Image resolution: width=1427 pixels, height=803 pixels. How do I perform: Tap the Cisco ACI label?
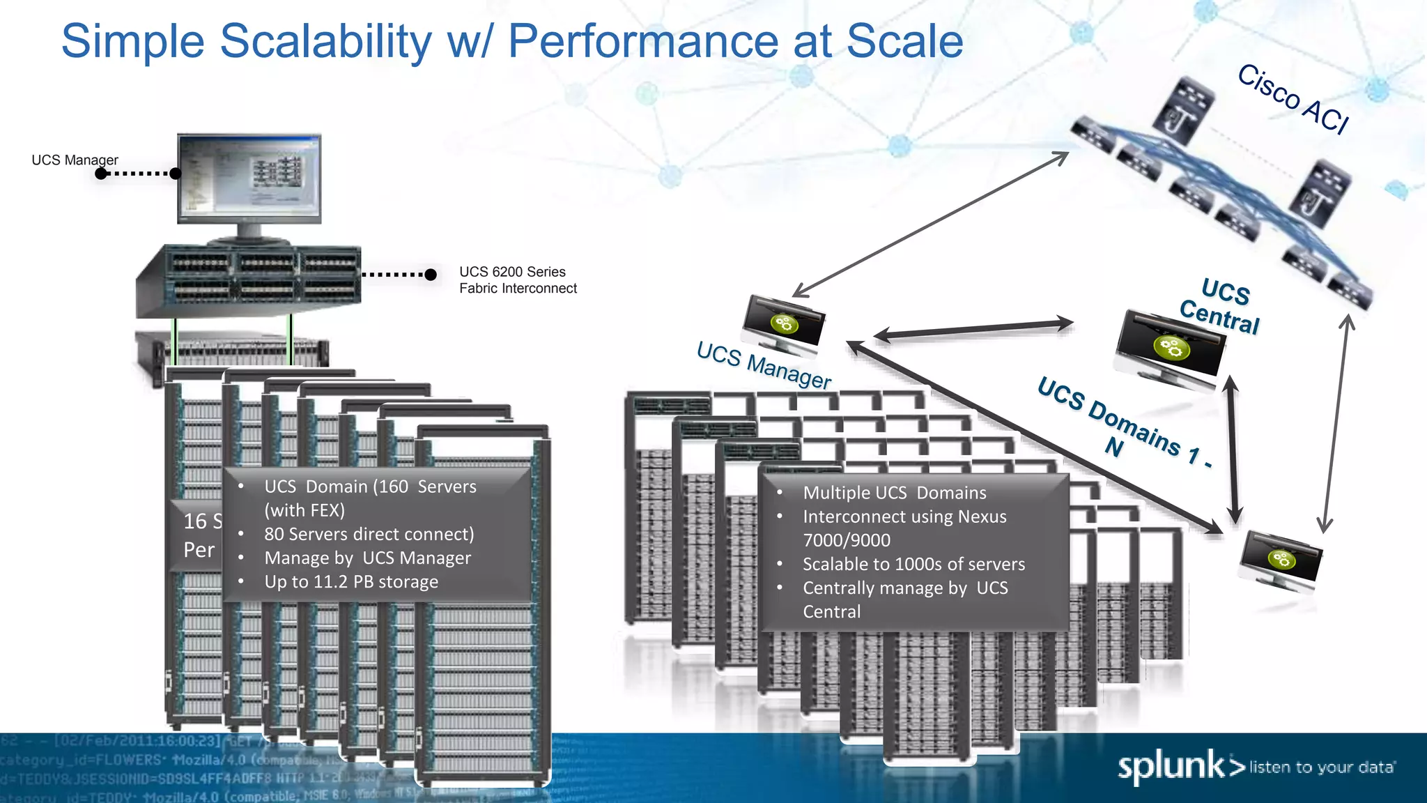click(1293, 98)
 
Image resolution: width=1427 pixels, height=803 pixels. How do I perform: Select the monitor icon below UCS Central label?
click(1170, 346)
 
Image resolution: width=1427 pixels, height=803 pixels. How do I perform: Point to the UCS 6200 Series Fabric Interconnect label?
click(518, 280)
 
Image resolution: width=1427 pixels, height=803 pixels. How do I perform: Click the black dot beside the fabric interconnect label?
click(431, 275)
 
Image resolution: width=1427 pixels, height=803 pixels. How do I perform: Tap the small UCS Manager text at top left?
click(75, 160)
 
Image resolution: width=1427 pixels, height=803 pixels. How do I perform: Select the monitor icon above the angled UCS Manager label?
click(785, 323)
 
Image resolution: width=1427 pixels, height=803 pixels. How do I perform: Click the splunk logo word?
click(1171, 766)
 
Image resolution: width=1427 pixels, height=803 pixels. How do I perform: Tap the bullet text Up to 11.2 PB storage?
click(351, 582)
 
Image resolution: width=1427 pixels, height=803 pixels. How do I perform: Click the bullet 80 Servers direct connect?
click(369, 535)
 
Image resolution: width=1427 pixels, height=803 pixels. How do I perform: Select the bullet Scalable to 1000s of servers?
click(913, 565)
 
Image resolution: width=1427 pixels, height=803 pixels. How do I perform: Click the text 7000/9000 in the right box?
click(847, 541)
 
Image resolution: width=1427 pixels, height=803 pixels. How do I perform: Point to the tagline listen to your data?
click(1322, 767)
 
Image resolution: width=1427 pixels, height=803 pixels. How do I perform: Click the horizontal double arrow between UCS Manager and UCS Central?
click(973, 330)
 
